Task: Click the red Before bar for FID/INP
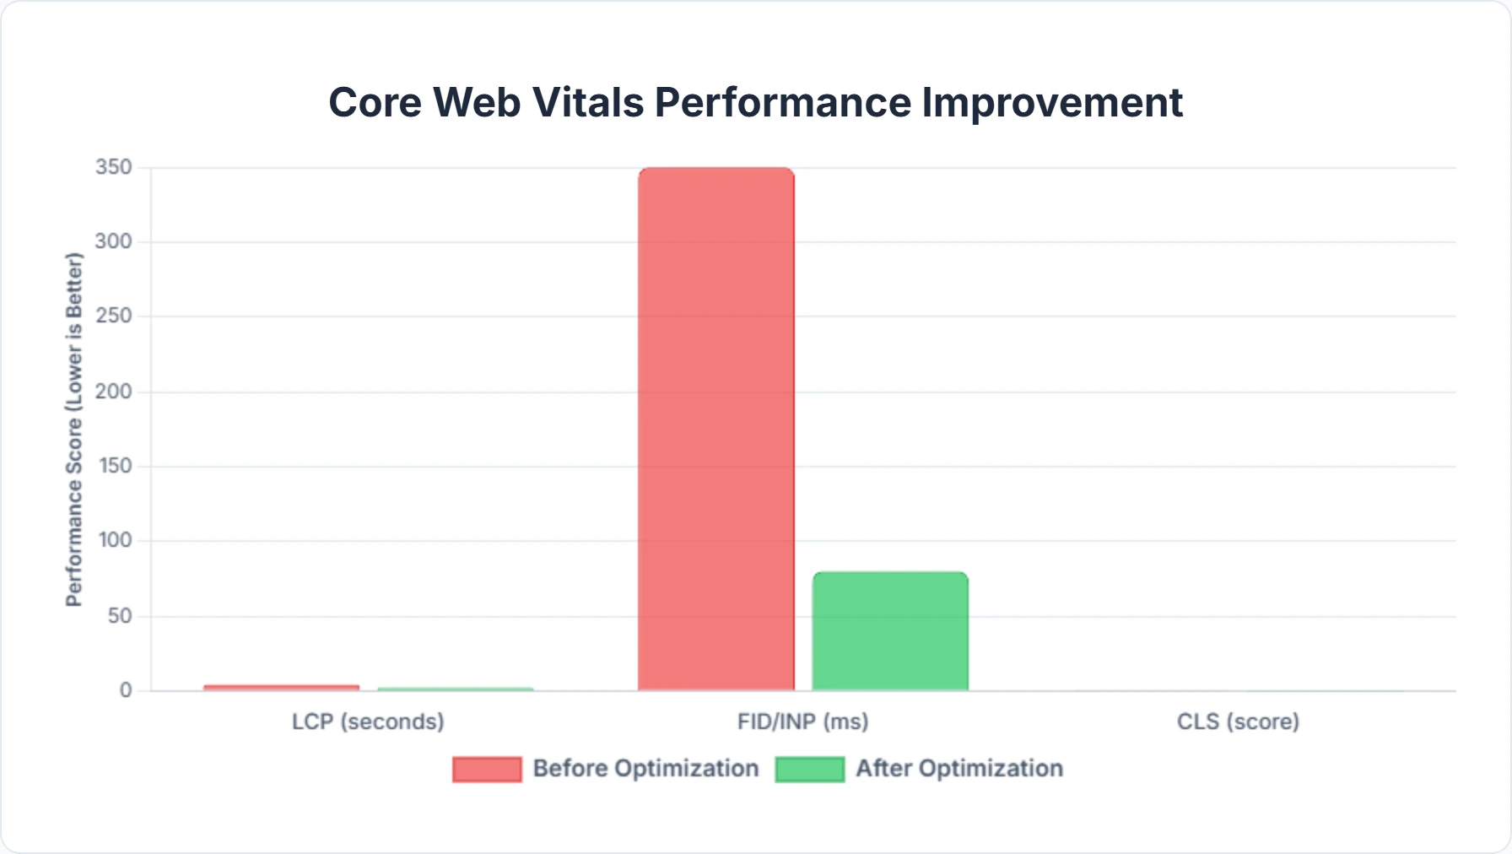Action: pyautogui.click(x=715, y=429)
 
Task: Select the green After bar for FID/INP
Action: pyautogui.click(x=890, y=631)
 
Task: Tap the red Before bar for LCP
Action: pyautogui.click(x=281, y=688)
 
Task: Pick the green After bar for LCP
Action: pyautogui.click(x=456, y=689)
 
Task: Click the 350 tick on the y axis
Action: pyautogui.click(x=114, y=167)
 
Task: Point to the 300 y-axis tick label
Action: pyautogui.click(x=114, y=241)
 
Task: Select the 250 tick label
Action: pyautogui.click(x=114, y=316)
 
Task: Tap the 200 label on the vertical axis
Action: pyautogui.click(x=114, y=392)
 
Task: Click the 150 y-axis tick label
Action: pyautogui.click(x=114, y=466)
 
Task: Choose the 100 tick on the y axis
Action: pyautogui.click(x=114, y=540)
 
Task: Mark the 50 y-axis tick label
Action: pyautogui.click(x=120, y=616)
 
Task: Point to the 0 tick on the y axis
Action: pyautogui.click(x=126, y=690)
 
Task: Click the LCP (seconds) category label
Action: pyautogui.click(x=368, y=722)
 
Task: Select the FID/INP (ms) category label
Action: pyautogui.click(x=802, y=722)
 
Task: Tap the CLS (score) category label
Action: pyautogui.click(x=1238, y=722)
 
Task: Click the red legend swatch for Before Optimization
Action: pyautogui.click(x=487, y=769)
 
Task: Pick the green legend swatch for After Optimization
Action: pyautogui.click(x=810, y=769)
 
